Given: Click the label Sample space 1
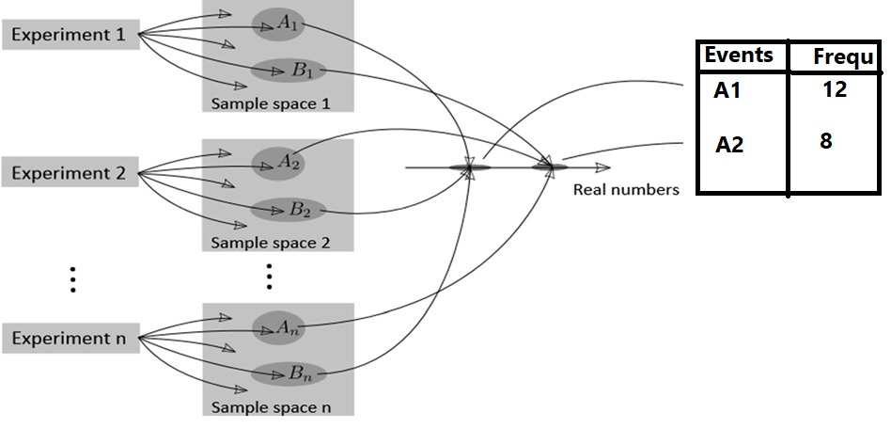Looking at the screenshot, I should [270, 103].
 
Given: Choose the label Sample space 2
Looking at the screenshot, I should [270, 242].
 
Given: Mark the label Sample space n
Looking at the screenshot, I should [270, 407].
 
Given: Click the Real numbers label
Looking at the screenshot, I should [625, 189].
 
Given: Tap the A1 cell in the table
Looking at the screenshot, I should [728, 92].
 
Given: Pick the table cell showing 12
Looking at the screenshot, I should [833, 89].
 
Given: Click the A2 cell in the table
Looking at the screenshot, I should [730, 144].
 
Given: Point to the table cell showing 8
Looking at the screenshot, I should [826, 141].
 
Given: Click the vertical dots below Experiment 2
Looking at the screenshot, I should [72, 279].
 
